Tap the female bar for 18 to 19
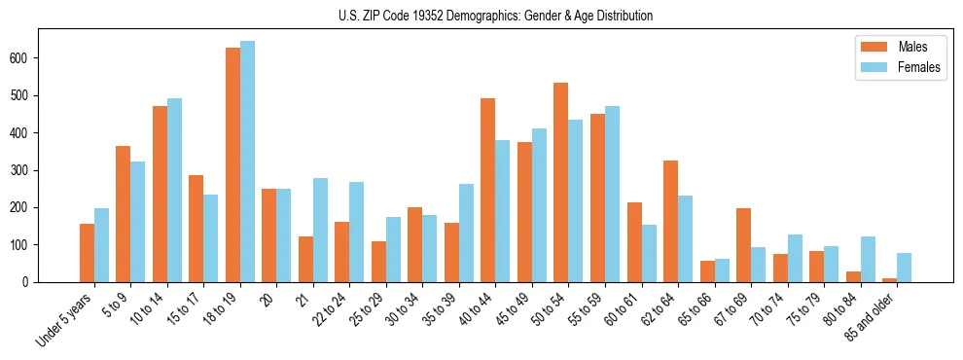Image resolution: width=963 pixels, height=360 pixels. [x=247, y=162]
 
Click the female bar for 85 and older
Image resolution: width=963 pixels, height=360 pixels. [x=904, y=268]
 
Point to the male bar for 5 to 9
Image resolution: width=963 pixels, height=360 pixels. [x=124, y=214]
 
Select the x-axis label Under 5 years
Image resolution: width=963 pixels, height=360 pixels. [x=65, y=317]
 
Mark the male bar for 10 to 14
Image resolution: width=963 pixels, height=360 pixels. [x=160, y=195]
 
